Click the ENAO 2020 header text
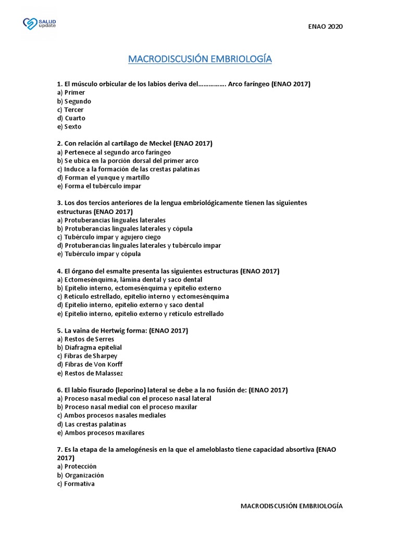(x=326, y=27)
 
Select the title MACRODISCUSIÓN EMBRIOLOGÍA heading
(x=200, y=59)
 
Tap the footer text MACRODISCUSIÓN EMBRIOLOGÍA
(x=291, y=505)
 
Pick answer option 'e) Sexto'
(x=69, y=126)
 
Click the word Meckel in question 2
(x=160, y=143)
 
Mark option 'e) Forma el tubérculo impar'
(x=99, y=186)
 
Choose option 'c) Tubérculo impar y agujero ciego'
(x=109, y=237)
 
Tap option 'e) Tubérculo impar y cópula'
(x=99, y=254)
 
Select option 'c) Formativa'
(x=76, y=484)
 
